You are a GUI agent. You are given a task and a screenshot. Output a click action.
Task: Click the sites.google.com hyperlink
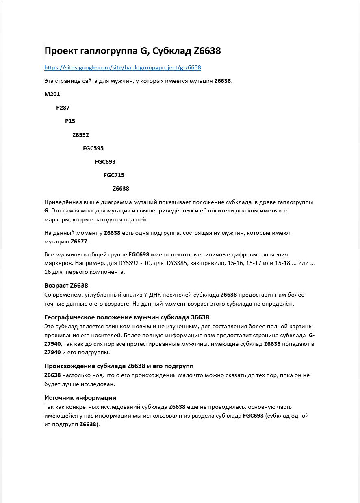pyautogui.click(x=122, y=67)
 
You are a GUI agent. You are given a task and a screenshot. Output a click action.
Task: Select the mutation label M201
pyautogui.click(x=52, y=94)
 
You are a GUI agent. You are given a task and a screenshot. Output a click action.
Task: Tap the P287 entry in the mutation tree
pyautogui.click(x=63, y=108)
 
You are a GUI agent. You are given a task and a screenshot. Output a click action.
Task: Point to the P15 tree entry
pyautogui.click(x=70, y=121)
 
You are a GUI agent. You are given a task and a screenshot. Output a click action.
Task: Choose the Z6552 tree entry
pyautogui.click(x=80, y=135)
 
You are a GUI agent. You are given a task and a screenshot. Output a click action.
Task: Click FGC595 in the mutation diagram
pyautogui.click(x=93, y=148)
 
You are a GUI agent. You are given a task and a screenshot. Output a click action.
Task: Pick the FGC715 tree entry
pyautogui.click(x=114, y=175)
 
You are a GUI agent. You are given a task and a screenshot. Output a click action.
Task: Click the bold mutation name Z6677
pyautogui.click(x=80, y=241)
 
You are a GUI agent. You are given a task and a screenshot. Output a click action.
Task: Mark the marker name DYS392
pyautogui.click(x=129, y=263)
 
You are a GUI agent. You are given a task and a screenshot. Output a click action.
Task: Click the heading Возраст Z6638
pyautogui.click(x=66, y=286)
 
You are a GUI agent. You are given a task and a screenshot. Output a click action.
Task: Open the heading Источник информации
pyautogui.click(x=80, y=398)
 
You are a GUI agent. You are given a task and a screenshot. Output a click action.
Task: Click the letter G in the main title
pyautogui.click(x=143, y=51)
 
